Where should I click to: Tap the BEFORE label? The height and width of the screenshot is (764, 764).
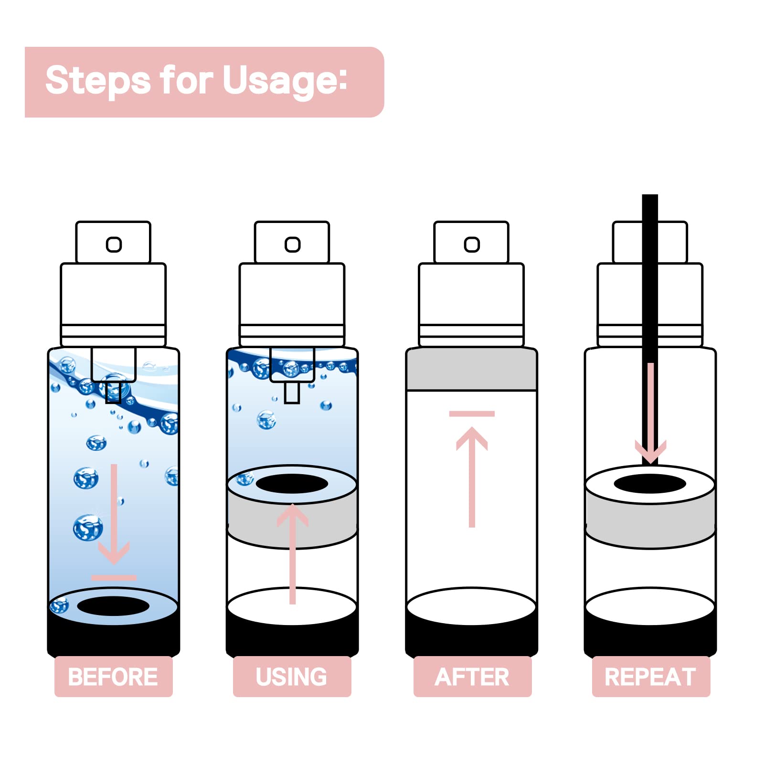[113, 677]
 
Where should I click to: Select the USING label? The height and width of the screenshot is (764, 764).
[292, 677]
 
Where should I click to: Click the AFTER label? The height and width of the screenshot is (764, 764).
[472, 677]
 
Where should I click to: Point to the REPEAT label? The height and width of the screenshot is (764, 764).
[651, 677]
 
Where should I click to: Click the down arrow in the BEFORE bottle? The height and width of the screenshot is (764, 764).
[114, 513]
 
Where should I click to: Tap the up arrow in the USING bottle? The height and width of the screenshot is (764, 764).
[293, 554]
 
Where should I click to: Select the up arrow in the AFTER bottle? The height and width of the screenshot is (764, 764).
[472, 477]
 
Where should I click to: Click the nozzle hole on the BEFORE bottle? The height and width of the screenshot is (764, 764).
[114, 244]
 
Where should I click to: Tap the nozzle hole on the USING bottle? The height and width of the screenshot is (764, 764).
[292, 244]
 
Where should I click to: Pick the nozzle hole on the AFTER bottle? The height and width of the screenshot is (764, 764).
[472, 244]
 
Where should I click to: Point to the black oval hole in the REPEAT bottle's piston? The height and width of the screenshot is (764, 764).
[650, 484]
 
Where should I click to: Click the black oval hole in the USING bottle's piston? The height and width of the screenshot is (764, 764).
[292, 484]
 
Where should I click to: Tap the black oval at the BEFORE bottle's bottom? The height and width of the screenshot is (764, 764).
[113, 606]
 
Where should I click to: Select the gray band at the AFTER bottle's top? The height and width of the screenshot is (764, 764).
[472, 369]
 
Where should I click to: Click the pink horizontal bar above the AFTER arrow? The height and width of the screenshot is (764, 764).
[472, 414]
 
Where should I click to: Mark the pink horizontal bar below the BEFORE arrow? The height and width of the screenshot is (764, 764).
[114, 578]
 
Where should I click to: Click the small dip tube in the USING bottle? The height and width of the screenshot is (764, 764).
[292, 393]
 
